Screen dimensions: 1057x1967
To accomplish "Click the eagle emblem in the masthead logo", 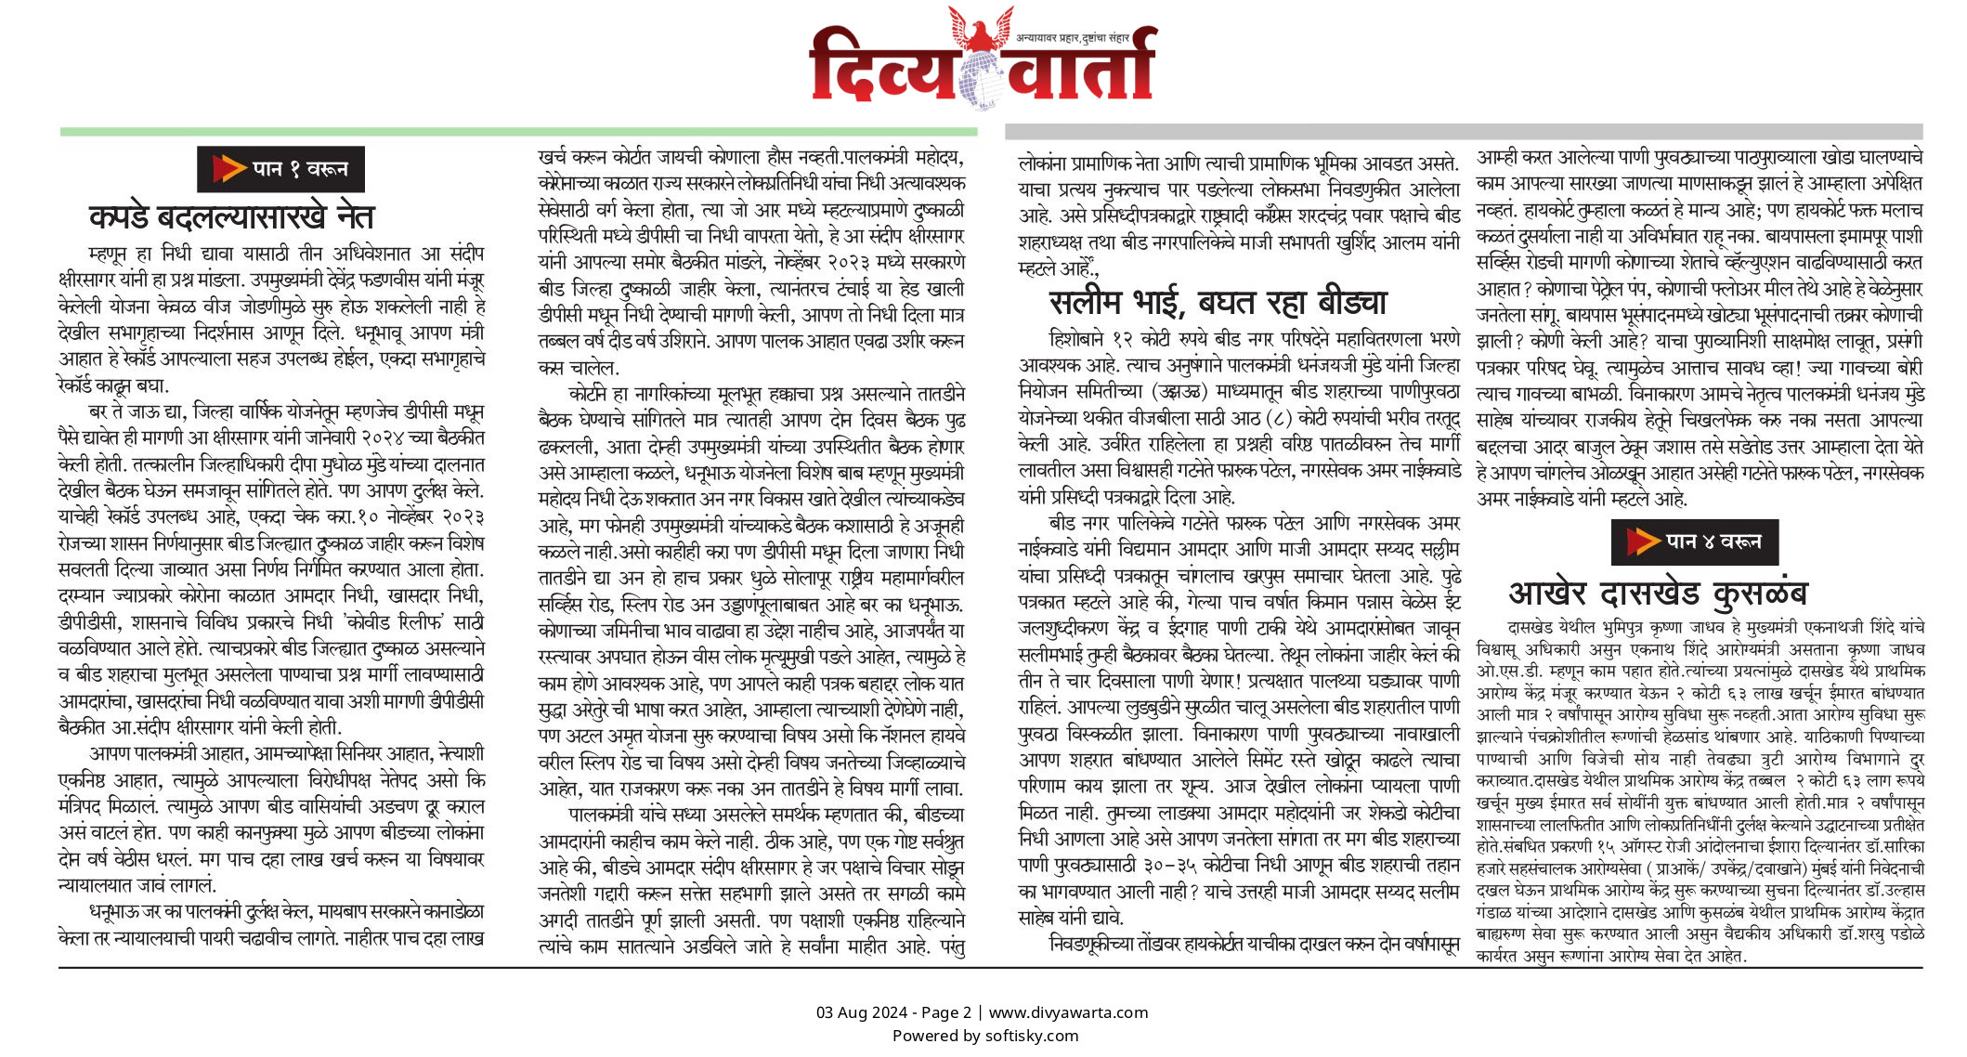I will [981, 30].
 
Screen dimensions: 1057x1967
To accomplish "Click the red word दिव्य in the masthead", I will [882, 67].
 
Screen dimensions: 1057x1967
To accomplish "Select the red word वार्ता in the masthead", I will [1082, 67].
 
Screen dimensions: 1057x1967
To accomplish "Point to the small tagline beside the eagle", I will [1073, 38].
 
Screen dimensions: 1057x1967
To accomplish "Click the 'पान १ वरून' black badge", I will [280, 169].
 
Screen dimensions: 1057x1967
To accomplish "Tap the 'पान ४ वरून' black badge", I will [1694, 542].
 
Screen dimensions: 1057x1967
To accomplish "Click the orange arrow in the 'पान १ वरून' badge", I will [228, 169].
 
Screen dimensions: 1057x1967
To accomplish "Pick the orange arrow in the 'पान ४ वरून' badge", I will [1642, 542].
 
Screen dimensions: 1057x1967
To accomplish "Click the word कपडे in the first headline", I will [118, 217].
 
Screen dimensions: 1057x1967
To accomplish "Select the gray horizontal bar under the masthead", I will [1464, 132].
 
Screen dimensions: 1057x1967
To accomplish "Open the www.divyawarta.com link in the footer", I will [1068, 1012].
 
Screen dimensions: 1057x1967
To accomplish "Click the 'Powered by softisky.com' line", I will [985, 1036].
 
